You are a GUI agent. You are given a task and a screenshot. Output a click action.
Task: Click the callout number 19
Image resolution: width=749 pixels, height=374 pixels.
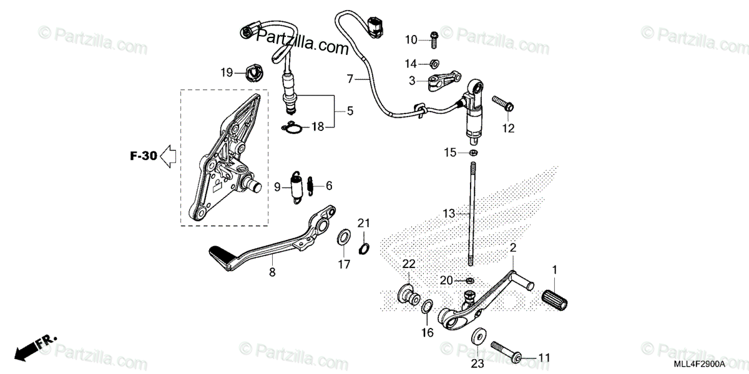[226, 73]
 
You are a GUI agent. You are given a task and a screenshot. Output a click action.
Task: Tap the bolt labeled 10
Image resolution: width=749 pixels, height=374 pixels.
[433, 39]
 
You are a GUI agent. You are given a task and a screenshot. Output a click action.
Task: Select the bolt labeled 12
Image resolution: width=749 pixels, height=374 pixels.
[502, 104]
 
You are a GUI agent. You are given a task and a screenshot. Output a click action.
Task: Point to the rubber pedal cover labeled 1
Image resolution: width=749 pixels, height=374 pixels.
[556, 296]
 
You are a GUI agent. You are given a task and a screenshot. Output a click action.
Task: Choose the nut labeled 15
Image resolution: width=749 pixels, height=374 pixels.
[473, 152]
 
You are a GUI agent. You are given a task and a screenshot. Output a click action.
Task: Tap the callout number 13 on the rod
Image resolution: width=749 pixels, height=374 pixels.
[450, 213]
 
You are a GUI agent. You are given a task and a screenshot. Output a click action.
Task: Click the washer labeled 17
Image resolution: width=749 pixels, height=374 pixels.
[343, 237]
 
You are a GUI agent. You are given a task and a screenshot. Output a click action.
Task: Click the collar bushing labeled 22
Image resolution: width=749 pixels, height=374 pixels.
[406, 293]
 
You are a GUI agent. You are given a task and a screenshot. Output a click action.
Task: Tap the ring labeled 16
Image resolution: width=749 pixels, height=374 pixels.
[427, 308]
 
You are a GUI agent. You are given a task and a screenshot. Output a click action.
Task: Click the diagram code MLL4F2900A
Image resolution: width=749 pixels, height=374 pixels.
[699, 363]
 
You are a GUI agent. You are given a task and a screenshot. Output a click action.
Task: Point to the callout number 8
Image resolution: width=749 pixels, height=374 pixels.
[272, 272]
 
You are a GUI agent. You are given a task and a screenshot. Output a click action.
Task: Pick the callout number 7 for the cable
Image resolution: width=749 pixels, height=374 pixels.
[350, 79]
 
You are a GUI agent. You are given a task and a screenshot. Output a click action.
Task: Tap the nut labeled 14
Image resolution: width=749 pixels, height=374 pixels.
[435, 63]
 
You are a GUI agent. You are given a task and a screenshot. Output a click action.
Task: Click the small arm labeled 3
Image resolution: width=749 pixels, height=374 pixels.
[442, 82]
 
